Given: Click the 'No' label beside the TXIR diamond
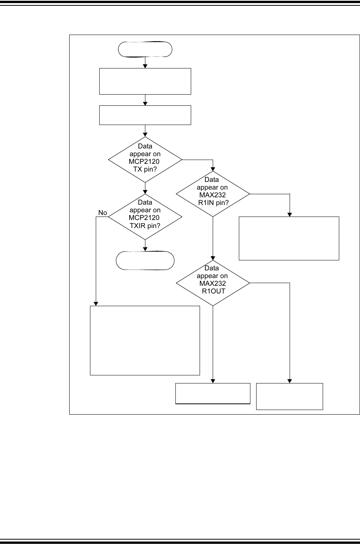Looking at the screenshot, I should click(102, 213).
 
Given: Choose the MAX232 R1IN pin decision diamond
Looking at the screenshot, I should click(213, 194).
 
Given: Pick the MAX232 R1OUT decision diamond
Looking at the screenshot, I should click(213, 283).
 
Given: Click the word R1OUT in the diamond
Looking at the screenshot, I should click(213, 291).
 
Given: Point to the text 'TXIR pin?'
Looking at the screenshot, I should click(145, 225).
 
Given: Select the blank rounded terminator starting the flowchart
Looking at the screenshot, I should click(145, 49).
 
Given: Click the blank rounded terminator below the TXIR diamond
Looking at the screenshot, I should click(145, 261).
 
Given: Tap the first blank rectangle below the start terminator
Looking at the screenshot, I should click(145, 81).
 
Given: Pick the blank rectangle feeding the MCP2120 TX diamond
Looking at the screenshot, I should click(145, 115).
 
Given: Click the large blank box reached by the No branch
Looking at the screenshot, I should click(145, 340).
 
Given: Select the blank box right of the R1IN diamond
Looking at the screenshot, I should click(289, 238).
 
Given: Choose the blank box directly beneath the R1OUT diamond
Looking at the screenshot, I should click(213, 393).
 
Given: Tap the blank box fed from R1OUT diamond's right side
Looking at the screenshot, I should click(289, 396).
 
